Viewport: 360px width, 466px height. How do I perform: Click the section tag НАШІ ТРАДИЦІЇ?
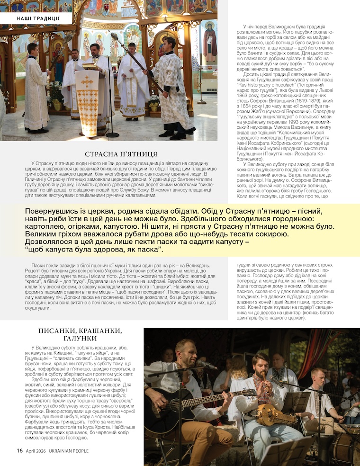(x=38, y=18)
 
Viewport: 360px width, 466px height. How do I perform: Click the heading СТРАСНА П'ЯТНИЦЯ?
(x=121, y=154)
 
